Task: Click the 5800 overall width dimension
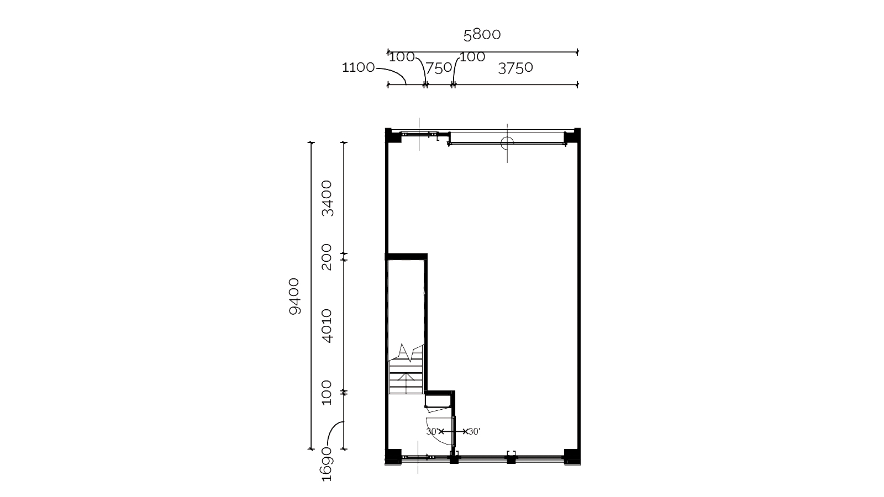coord(482,35)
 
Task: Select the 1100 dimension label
coord(358,67)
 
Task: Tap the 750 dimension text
coord(439,68)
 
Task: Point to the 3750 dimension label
coord(515,68)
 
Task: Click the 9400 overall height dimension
coord(294,296)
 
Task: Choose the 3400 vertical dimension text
coord(327,198)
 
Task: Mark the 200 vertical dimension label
coord(327,257)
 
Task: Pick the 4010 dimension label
coord(327,326)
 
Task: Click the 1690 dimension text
coord(327,464)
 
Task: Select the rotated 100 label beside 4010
coord(327,393)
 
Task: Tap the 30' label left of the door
coord(432,431)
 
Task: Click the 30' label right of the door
coord(475,431)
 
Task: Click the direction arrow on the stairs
coord(406,383)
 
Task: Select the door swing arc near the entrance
coord(442,431)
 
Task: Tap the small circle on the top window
coord(507,143)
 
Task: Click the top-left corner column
coord(393,136)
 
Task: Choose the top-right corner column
coord(572,136)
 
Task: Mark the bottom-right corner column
coord(572,457)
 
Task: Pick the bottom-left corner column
coord(393,457)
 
